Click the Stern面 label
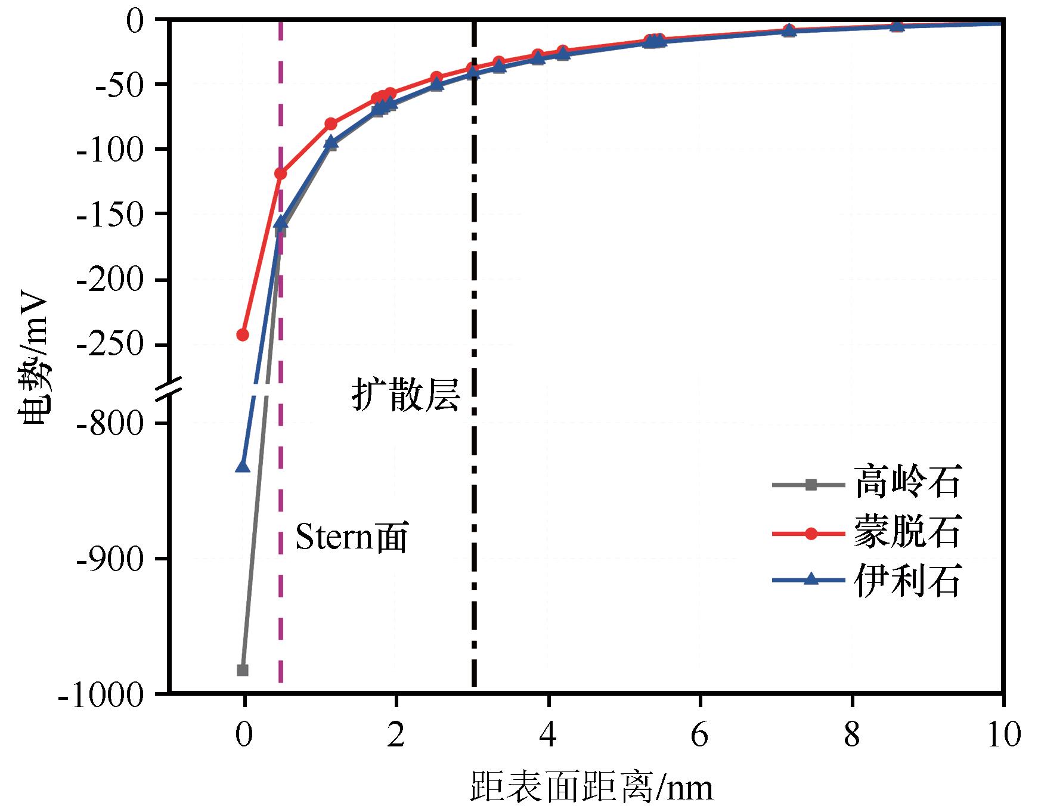tap(352, 538)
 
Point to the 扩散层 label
tap(405, 395)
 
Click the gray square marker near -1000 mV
tap(243, 670)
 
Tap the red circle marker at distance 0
tap(243, 335)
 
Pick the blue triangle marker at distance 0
tap(243, 466)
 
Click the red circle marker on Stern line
tap(280, 173)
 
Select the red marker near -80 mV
tap(331, 124)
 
